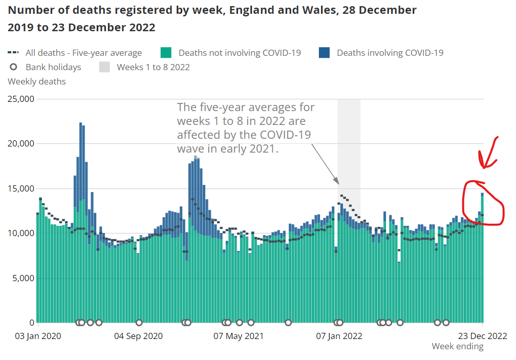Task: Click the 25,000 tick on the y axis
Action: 20,99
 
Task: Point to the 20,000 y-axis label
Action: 20,144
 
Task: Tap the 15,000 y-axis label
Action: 20,188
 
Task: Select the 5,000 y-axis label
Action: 23,278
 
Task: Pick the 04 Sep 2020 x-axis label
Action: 138,336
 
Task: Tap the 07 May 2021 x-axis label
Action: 239,336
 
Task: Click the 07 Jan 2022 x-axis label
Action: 339,336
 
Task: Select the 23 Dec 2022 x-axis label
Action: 482,336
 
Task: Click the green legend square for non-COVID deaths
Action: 166,52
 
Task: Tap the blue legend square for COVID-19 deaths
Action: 324,52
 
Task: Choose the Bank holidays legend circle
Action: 14,67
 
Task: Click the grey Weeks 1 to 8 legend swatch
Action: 104,67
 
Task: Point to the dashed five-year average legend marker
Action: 14,52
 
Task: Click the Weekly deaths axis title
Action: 37,81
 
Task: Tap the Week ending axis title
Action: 457,347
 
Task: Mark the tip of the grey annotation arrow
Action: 338,183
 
